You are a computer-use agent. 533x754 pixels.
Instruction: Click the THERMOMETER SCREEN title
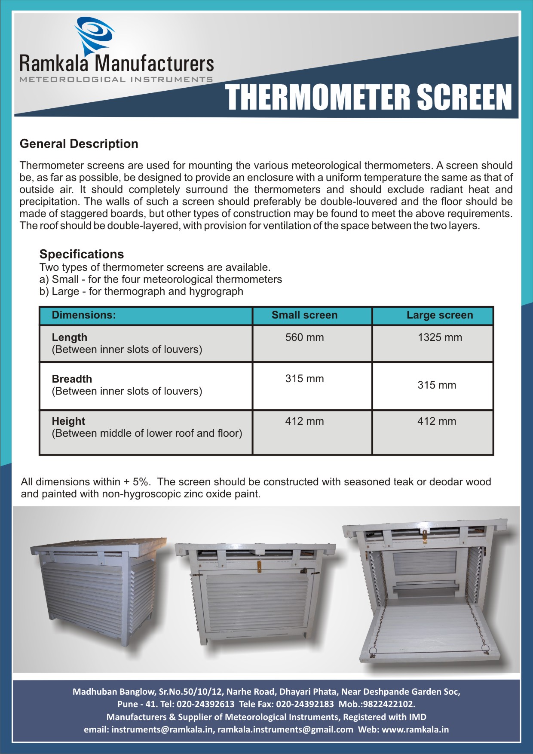tap(369, 98)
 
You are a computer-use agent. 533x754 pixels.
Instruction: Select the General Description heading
tap(79, 144)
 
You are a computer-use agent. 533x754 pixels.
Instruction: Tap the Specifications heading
tap(82, 254)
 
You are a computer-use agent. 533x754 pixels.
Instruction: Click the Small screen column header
tap(304, 315)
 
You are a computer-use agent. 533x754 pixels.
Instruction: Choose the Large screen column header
tap(440, 315)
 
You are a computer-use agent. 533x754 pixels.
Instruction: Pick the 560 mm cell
tap(304, 337)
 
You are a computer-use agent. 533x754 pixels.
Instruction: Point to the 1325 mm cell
tap(440, 337)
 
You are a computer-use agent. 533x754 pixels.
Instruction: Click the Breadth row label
tap(72, 379)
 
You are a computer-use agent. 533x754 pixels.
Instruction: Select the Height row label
tap(68, 421)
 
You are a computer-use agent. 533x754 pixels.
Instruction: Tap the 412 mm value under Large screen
tap(437, 421)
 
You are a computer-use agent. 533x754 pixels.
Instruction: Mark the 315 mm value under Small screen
tap(304, 379)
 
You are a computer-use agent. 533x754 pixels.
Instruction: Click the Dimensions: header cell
tap(84, 315)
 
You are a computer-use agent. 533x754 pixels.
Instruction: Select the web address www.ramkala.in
tap(415, 729)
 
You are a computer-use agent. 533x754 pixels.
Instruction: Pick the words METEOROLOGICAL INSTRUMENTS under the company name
tap(116, 80)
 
